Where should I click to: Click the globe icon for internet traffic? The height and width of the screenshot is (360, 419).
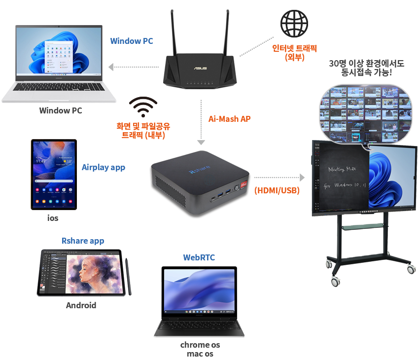(294, 24)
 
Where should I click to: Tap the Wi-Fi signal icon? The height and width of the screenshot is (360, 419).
(143, 107)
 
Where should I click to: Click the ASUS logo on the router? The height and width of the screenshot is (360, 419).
(200, 69)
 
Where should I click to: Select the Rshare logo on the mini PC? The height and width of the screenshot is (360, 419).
(200, 170)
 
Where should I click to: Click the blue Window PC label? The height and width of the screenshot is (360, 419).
(132, 41)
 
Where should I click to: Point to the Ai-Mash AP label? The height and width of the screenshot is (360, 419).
(229, 119)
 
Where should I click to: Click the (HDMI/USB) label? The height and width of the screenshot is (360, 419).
(277, 190)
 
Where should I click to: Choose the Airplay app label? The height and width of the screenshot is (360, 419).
(104, 168)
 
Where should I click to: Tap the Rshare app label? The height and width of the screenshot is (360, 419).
(83, 241)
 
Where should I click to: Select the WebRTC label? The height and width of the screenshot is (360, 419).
(199, 257)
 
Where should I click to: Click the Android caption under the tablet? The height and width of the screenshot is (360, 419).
(81, 305)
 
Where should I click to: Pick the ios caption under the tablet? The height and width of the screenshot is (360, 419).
(53, 218)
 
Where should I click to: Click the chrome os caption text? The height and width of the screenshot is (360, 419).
(200, 345)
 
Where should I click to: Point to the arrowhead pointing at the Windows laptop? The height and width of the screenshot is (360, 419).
(111, 67)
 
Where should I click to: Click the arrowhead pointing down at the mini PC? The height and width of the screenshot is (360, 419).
(201, 143)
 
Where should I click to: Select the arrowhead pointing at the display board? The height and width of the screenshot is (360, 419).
(302, 177)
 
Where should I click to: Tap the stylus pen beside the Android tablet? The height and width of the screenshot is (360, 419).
(128, 277)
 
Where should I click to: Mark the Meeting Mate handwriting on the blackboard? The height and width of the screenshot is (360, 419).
(342, 169)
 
